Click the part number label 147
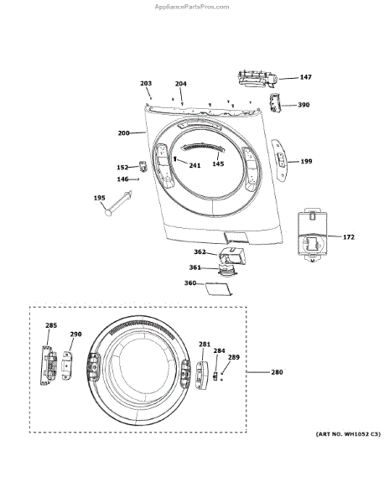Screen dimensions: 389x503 (x=306, y=77)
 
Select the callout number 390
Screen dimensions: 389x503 (x=303, y=105)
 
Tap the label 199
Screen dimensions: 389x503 (x=306, y=161)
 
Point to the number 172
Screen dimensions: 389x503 (x=349, y=236)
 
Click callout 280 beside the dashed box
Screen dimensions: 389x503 (x=277, y=372)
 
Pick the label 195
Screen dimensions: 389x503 (x=100, y=198)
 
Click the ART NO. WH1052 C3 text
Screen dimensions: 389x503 (x=348, y=434)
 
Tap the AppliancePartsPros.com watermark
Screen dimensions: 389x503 (x=192, y=7)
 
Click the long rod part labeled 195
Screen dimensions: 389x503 (x=118, y=204)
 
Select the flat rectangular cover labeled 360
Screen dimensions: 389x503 (x=218, y=289)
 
